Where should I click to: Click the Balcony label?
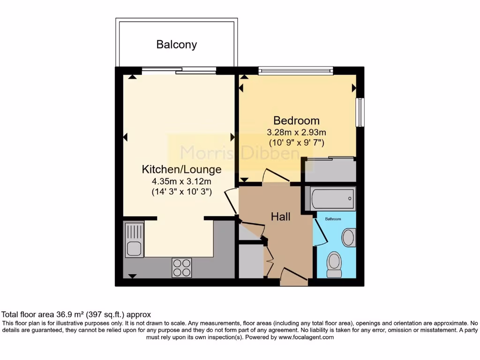[176, 45]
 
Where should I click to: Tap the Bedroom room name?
[296, 120]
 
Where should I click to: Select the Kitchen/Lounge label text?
[181, 169]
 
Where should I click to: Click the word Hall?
[280, 217]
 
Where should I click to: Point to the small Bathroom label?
[334, 219]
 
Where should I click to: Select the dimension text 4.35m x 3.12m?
[181, 181]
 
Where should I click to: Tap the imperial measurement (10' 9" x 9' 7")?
[296, 142]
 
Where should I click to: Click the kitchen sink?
[134, 240]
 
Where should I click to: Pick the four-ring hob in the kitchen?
[182, 268]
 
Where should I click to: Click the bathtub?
[332, 198]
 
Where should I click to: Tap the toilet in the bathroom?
[334, 263]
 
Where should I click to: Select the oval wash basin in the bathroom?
[348, 238]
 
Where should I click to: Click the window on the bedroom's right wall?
[360, 112]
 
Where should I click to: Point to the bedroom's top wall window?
[295, 71]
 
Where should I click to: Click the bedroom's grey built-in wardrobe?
[329, 170]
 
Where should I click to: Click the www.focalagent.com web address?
[306, 337]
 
